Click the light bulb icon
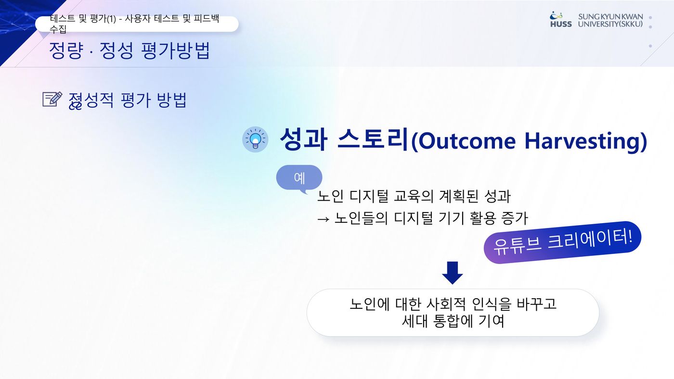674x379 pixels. pyautogui.click(x=255, y=139)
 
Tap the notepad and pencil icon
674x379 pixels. pyautogui.click(x=52, y=99)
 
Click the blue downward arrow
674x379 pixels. pyautogui.click(x=452, y=273)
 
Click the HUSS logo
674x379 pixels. pyautogui.click(x=561, y=20)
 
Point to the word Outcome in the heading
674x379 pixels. pyautogui.click(x=463, y=141)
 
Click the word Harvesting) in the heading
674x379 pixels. pyautogui.click(x=585, y=141)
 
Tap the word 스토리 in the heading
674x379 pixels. pyautogui.click(x=373, y=139)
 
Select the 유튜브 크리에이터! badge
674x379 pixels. pyautogui.click(x=562, y=242)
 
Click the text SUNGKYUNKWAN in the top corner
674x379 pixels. pyautogui.click(x=610, y=16)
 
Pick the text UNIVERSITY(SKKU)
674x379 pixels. pyautogui.click(x=610, y=24)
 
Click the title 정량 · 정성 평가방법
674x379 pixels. pyautogui.click(x=130, y=50)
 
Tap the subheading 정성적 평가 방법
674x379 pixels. pyautogui.click(x=128, y=100)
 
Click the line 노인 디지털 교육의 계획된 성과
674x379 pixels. pyautogui.click(x=414, y=196)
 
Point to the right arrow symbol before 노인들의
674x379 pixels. pyautogui.click(x=324, y=219)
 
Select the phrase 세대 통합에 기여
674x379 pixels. pyautogui.click(x=453, y=321)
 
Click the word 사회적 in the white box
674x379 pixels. pyautogui.click(x=446, y=304)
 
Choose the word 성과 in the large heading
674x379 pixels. pyautogui.click(x=303, y=139)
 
